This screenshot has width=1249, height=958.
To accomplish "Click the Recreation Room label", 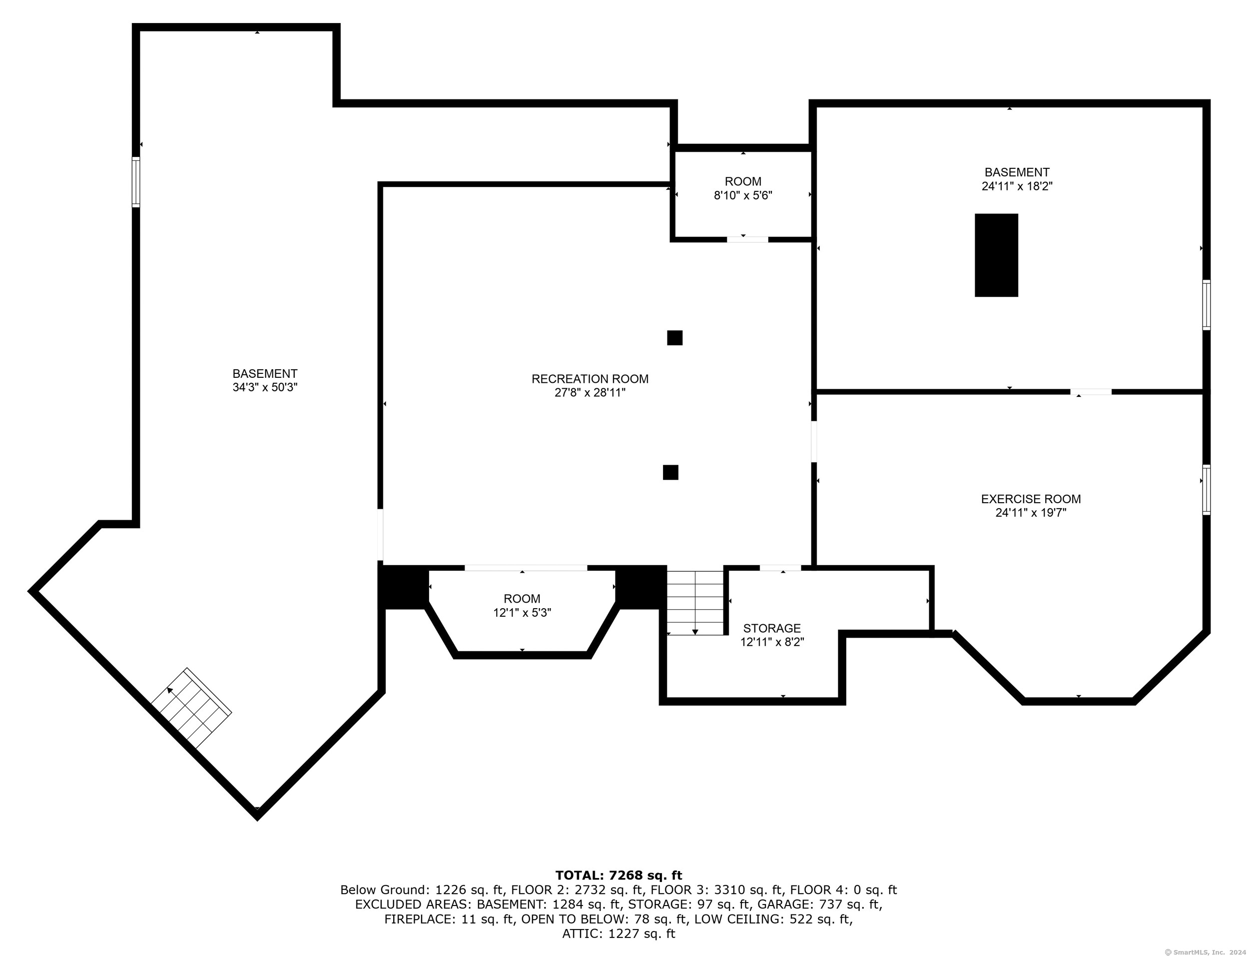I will point(590,379).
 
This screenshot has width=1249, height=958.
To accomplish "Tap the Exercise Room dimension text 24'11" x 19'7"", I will point(1030,513).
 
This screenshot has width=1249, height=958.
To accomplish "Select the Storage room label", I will point(771,628).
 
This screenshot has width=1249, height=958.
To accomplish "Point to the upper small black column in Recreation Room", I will point(674,338).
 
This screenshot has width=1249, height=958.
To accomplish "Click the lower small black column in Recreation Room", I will point(670,472).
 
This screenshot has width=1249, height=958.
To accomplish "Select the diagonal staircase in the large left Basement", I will point(191,708).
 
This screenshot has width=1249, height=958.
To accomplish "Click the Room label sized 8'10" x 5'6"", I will point(743,181).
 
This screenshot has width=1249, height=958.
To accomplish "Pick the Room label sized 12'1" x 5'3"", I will point(522,599).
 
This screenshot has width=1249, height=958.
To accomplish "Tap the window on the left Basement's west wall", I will point(136,182).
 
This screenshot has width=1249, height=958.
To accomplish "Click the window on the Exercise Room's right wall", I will point(1206,490).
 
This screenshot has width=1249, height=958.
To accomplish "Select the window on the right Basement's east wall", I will point(1206,304).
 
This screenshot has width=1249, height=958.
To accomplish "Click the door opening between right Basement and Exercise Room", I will point(1091,392).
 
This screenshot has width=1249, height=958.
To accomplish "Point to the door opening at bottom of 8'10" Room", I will point(747,239).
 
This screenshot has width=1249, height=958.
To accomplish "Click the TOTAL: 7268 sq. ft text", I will point(619,876).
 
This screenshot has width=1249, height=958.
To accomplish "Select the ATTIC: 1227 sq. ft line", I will point(619,934).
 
